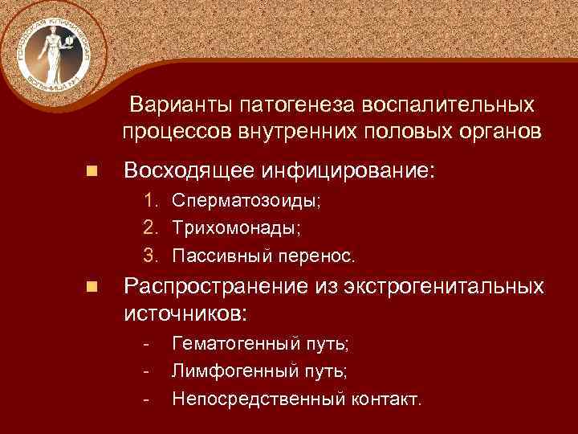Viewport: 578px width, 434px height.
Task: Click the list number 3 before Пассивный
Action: pos(149,256)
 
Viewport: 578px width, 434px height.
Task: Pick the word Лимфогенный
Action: pos(228,371)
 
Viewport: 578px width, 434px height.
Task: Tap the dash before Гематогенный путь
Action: pos(145,344)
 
